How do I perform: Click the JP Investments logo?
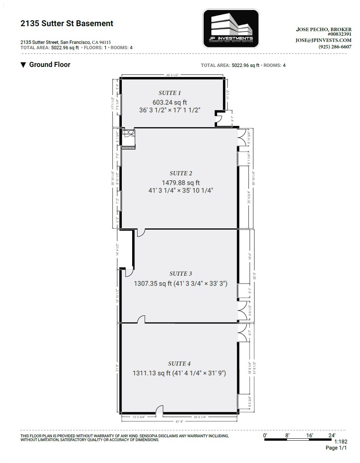[231, 28]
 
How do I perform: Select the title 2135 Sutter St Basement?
[67, 23]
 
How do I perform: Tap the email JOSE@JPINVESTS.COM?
[324, 40]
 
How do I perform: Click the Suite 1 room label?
[169, 93]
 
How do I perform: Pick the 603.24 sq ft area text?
[169, 102]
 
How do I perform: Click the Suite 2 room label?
[181, 173]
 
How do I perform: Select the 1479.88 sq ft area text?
[181, 183]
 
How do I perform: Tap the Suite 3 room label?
[181, 274]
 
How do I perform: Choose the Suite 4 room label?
[179, 364]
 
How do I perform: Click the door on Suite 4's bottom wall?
[159, 411]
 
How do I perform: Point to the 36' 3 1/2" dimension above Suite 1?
[172, 75]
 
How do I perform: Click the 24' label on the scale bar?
[332, 435]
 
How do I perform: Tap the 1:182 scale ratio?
[341, 442]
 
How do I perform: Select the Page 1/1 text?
[336, 448]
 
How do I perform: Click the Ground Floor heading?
[50, 65]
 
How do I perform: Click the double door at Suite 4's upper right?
[242, 333]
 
